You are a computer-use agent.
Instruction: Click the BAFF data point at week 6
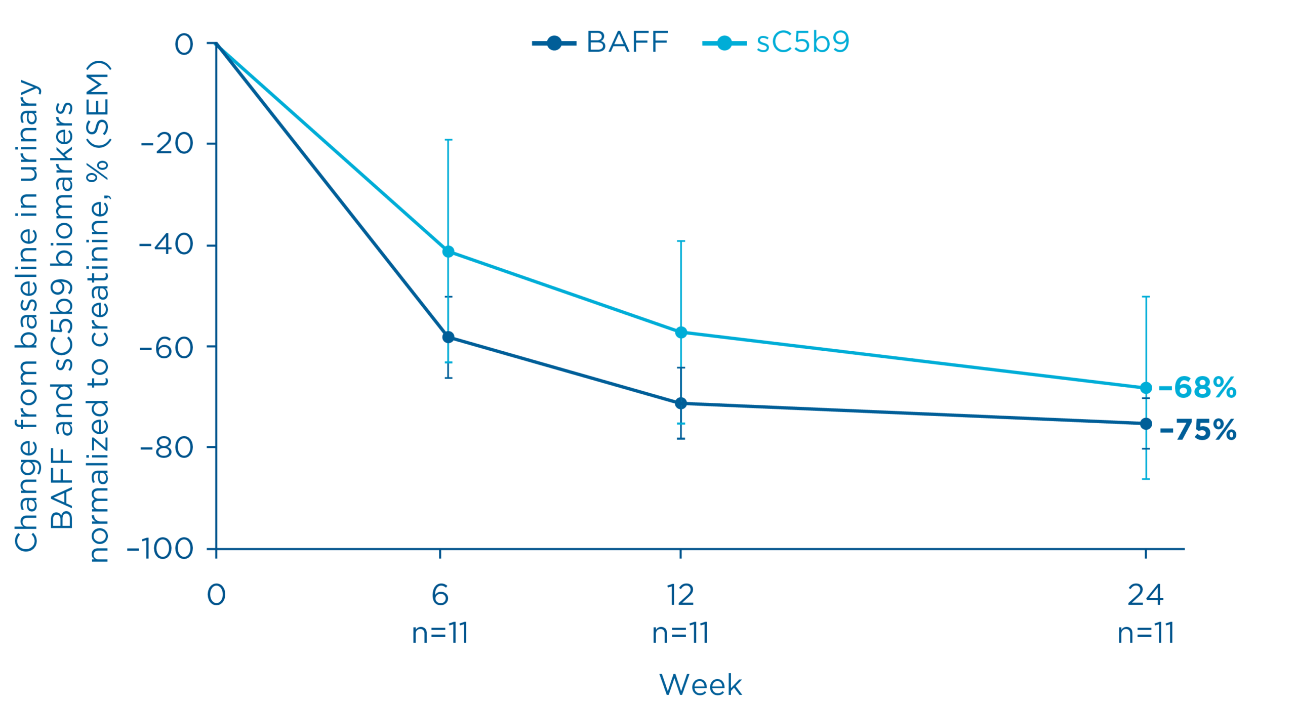pyautogui.click(x=448, y=337)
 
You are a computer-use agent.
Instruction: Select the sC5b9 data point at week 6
pyautogui.click(x=448, y=252)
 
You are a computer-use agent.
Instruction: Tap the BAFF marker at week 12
pyautogui.click(x=681, y=403)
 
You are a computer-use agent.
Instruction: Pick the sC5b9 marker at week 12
pyautogui.click(x=681, y=333)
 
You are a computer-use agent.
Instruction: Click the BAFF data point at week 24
pyautogui.click(x=1146, y=424)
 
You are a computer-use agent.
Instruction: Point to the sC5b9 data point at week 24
pyautogui.click(x=1146, y=388)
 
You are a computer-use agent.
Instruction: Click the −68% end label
pyautogui.click(x=1198, y=388)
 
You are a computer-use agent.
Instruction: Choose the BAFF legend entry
pyautogui.click(x=600, y=42)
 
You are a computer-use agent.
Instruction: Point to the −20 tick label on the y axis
pyautogui.click(x=167, y=144)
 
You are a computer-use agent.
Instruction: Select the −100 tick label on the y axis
pyautogui.click(x=160, y=549)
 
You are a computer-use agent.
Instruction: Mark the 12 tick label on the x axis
pyautogui.click(x=680, y=595)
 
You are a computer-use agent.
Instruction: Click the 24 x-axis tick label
pyautogui.click(x=1145, y=595)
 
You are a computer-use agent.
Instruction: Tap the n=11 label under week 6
pyautogui.click(x=440, y=633)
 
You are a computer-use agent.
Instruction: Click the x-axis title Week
pyautogui.click(x=700, y=685)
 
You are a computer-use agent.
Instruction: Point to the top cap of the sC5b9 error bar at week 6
pyautogui.click(x=448, y=140)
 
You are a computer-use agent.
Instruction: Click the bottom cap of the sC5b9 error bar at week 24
pyautogui.click(x=1146, y=479)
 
